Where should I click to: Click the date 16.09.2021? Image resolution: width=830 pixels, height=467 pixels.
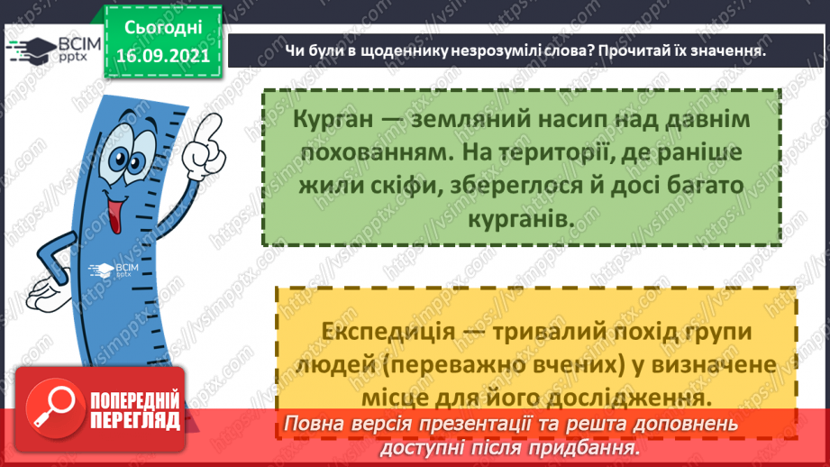pos(162,56)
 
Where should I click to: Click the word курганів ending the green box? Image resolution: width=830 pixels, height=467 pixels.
pos(521,219)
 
